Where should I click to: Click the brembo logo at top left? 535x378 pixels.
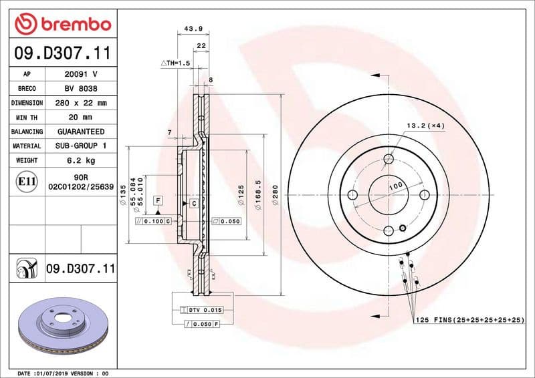[62, 24]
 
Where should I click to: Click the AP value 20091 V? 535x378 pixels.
[80, 75]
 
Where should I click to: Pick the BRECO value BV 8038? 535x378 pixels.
[80, 89]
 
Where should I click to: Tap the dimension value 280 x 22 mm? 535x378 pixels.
[80, 104]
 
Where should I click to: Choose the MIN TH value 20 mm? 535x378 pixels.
[80, 118]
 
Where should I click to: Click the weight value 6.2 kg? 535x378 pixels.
[80, 160]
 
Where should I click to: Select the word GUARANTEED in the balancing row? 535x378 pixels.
[80, 132]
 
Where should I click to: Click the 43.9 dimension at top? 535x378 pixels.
[193, 29]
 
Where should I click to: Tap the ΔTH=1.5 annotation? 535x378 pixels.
[176, 62]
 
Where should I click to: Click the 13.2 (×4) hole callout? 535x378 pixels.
[425, 126]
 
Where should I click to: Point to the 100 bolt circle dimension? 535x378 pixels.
[395, 186]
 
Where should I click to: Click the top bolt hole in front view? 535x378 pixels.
[389, 159]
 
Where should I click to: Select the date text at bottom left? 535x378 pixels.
[62, 373]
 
